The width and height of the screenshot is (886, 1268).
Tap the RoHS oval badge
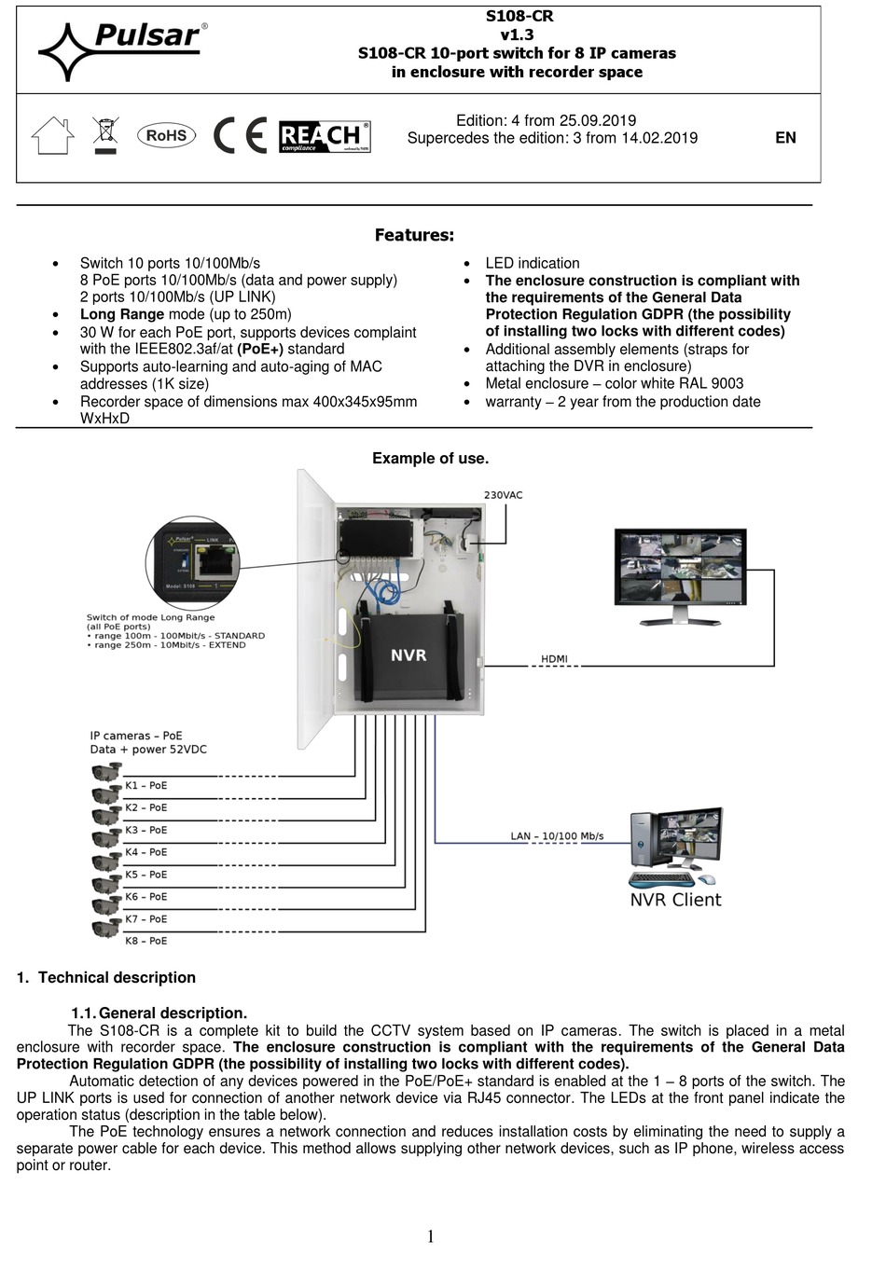166,135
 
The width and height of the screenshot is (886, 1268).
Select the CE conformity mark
240,136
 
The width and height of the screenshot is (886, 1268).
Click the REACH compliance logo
324,137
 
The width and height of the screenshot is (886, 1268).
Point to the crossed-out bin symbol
106,135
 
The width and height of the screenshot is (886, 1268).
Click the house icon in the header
52,136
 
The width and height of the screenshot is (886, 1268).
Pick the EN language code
785,138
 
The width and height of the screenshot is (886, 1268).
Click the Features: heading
414,235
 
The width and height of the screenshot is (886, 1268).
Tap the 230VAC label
503,495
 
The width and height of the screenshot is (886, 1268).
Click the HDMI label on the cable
554,659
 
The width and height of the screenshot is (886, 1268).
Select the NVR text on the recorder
408,655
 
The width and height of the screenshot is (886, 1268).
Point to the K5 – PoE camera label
145,875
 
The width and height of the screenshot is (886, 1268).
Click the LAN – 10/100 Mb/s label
557,836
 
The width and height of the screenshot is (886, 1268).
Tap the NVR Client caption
675,900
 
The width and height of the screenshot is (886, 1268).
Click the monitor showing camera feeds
681,571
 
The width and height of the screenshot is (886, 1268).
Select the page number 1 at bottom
430,1236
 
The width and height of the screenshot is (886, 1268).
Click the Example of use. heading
430,458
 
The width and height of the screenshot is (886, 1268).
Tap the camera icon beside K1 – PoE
106,772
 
